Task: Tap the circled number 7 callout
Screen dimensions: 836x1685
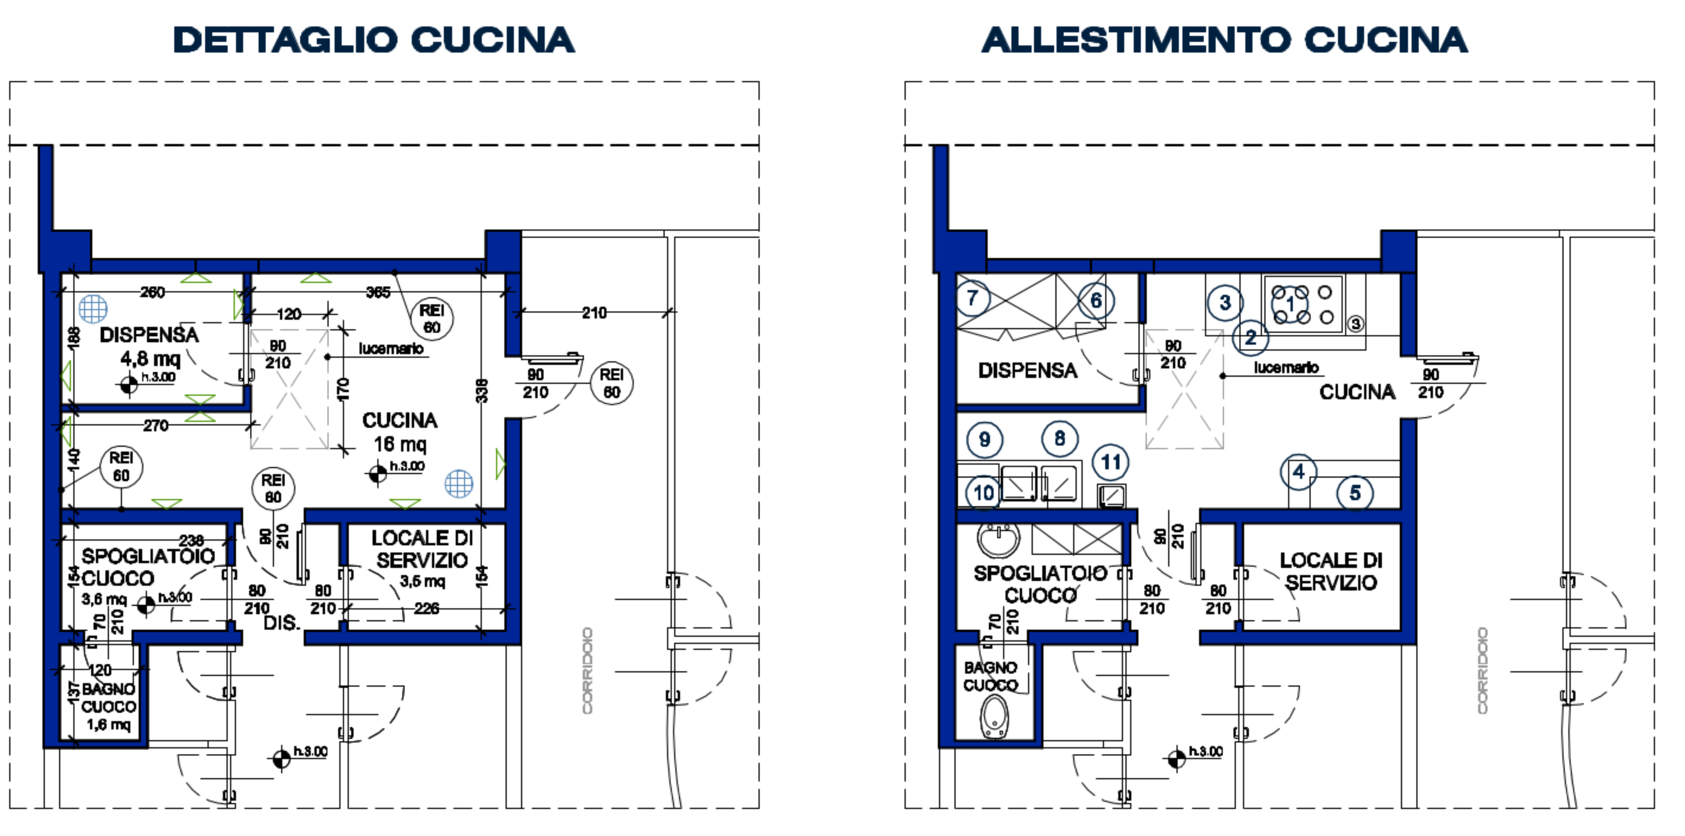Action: click(973, 298)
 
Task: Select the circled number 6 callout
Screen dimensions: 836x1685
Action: click(1096, 301)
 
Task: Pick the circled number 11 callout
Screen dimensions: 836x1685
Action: click(1111, 463)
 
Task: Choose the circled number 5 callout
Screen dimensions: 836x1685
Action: click(1355, 493)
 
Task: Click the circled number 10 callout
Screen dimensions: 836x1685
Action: click(984, 493)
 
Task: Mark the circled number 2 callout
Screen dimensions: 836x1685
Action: click(1250, 338)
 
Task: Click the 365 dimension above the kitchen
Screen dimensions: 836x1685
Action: click(378, 292)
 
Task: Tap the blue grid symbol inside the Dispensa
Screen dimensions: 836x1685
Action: click(93, 308)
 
